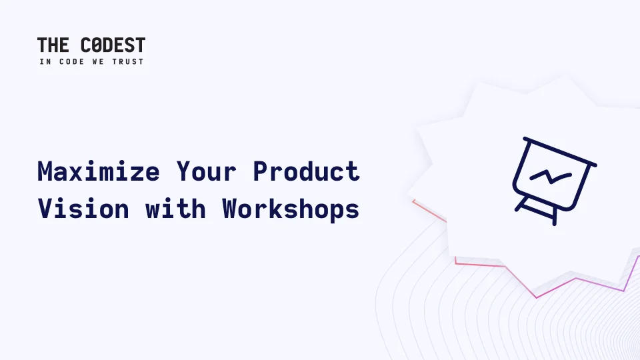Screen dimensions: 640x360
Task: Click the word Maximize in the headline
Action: tap(99, 171)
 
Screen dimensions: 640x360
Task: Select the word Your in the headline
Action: tap(206, 171)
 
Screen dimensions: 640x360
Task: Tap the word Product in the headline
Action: tap(306, 171)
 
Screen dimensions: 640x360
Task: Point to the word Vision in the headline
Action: tap(83, 209)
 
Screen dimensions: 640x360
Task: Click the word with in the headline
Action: tap(175, 209)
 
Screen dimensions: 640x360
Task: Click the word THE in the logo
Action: tap(53, 45)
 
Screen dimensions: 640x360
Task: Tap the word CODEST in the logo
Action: tap(113, 45)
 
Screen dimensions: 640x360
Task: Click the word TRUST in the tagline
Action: tap(128, 61)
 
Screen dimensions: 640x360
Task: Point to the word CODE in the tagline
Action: tap(72, 61)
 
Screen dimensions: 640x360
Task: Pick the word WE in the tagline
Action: tap(98, 61)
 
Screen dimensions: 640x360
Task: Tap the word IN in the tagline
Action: tap(45, 61)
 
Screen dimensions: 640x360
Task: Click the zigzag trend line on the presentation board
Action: tap(551, 177)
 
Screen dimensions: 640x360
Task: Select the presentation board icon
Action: tap(555, 181)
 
